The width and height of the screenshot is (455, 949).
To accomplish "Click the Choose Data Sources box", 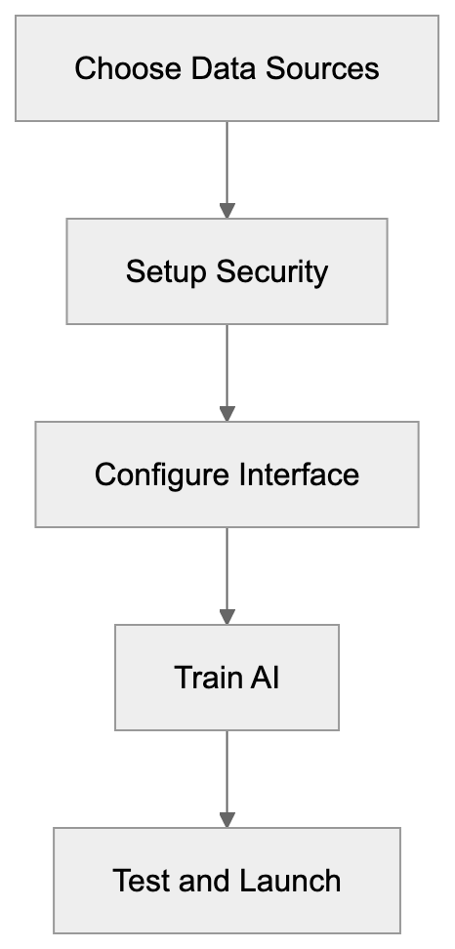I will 227,68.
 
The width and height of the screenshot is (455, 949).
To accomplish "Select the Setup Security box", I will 227,270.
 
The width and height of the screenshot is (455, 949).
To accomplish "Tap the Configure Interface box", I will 227,474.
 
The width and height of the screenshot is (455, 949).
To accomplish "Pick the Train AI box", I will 227,678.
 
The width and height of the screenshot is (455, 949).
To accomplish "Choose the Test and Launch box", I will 227,881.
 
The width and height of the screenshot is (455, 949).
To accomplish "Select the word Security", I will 272,271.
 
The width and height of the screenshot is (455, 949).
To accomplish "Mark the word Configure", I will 161,474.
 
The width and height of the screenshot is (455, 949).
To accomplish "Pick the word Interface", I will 299,474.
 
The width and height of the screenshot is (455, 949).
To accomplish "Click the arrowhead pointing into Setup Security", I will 227,210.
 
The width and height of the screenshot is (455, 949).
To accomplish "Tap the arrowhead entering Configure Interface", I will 227,413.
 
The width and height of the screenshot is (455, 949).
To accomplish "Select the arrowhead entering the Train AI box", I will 227,616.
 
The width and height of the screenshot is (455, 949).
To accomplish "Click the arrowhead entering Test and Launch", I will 227,819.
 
